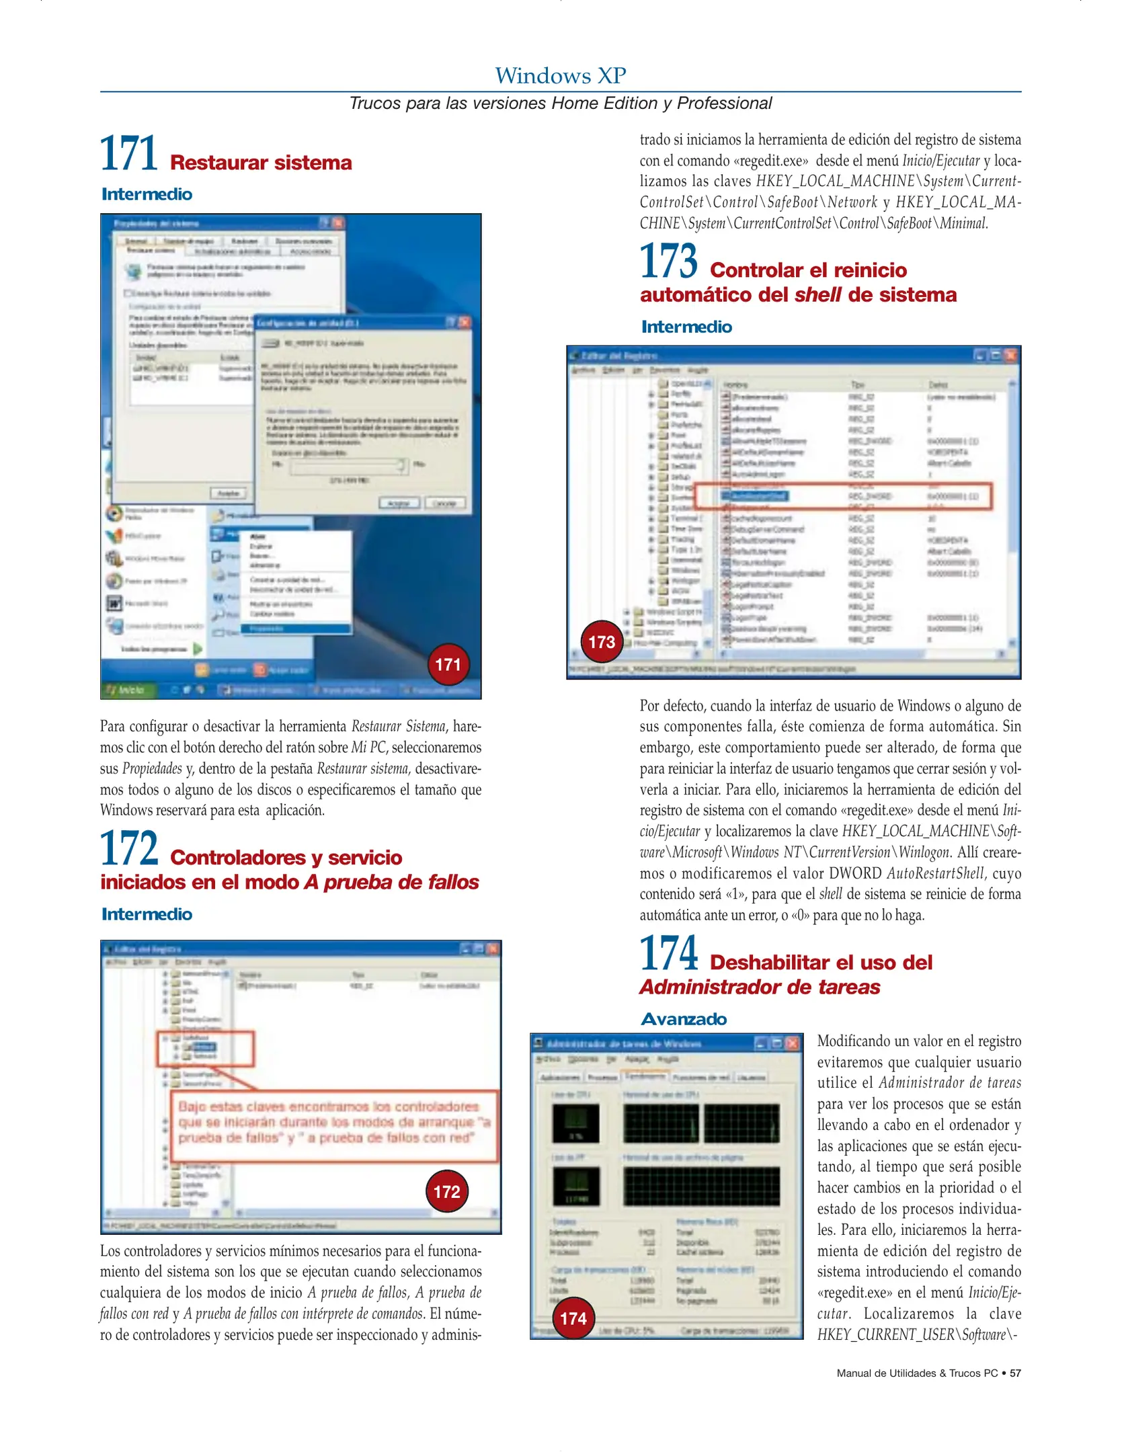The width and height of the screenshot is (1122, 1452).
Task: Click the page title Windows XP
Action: (x=560, y=75)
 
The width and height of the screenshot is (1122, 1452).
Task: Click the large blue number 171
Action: (x=128, y=153)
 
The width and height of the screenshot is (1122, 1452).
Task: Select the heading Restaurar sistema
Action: (x=261, y=163)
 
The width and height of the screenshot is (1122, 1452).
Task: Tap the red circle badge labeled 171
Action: (x=448, y=665)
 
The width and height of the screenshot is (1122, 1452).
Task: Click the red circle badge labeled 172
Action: (x=446, y=1192)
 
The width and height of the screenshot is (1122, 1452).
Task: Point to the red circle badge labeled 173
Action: (x=602, y=642)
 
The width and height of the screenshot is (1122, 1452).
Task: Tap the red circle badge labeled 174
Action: (x=573, y=1318)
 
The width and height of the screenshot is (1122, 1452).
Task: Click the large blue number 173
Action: (x=668, y=261)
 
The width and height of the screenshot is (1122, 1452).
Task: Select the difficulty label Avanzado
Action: (x=684, y=1019)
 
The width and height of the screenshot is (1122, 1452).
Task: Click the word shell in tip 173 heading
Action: (x=817, y=295)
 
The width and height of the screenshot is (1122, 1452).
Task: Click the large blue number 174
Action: (x=668, y=953)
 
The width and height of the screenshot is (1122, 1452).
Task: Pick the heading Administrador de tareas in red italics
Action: (x=760, y=987)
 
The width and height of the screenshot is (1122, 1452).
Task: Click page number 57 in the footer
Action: (x=1015, y=1373)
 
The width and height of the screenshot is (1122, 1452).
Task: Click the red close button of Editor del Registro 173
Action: (x=1011, y=355)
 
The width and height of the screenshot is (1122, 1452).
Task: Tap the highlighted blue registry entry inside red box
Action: (x=755, y=496)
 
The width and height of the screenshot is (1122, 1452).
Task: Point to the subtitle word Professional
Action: (x=724, y=103)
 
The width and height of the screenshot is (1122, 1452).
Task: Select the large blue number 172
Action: (x=128, y=848)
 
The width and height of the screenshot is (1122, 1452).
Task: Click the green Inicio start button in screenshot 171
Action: (x=128, y=690)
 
